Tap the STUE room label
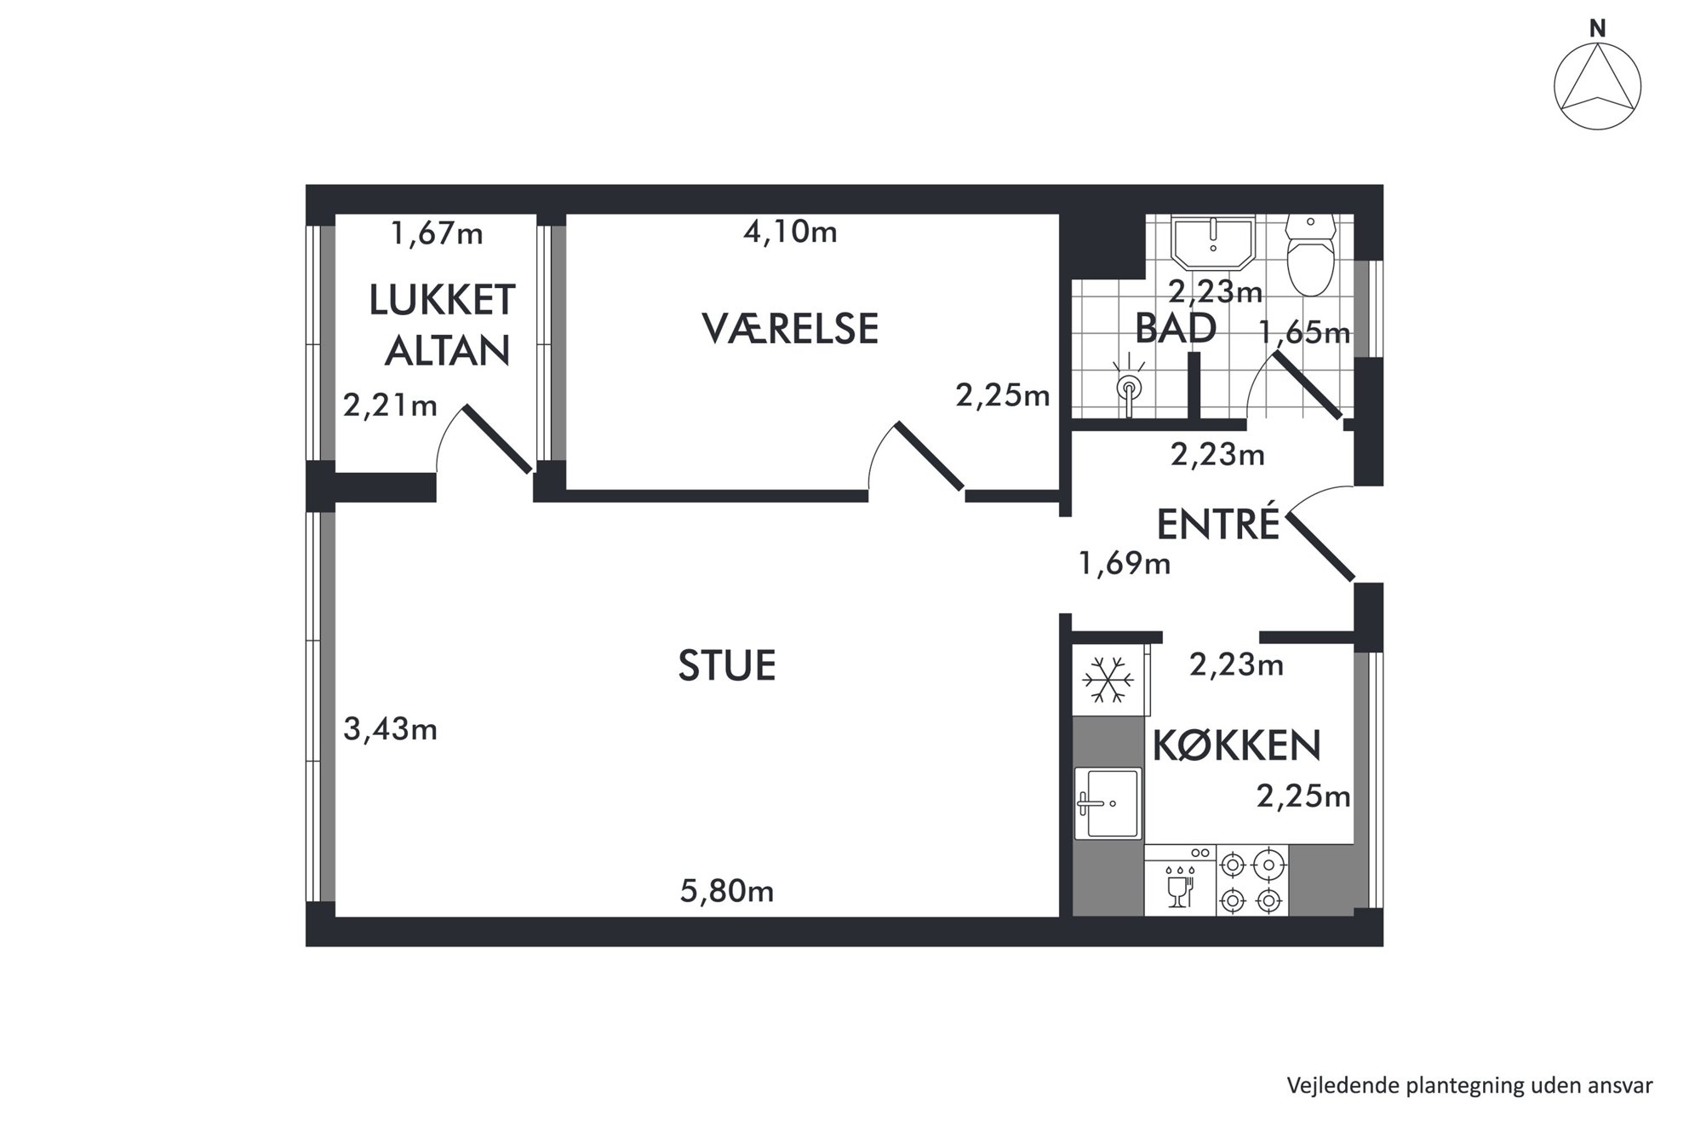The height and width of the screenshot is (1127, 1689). [727, 665]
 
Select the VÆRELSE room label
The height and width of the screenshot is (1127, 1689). [790, 329]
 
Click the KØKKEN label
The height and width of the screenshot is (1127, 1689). [1236, 745]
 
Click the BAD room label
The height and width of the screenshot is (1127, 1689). [1176, 328]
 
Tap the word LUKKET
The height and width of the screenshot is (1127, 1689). [442, 300]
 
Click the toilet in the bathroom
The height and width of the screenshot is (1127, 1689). [1310, 254]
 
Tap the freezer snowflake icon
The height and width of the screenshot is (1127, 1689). [1108, 680]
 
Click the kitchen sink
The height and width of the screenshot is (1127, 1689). [1108, 803]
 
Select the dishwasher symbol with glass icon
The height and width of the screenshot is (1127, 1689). [1180, 881]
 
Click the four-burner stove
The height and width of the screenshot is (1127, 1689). [1252, 881]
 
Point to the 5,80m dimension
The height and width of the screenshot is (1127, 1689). [727, 891]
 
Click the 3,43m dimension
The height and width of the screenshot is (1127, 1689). [390, 729]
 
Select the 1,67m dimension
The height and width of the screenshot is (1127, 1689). [437, 233]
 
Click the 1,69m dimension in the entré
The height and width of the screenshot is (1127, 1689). [1125, 563]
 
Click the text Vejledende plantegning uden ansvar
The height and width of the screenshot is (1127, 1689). [1470, 1085]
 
